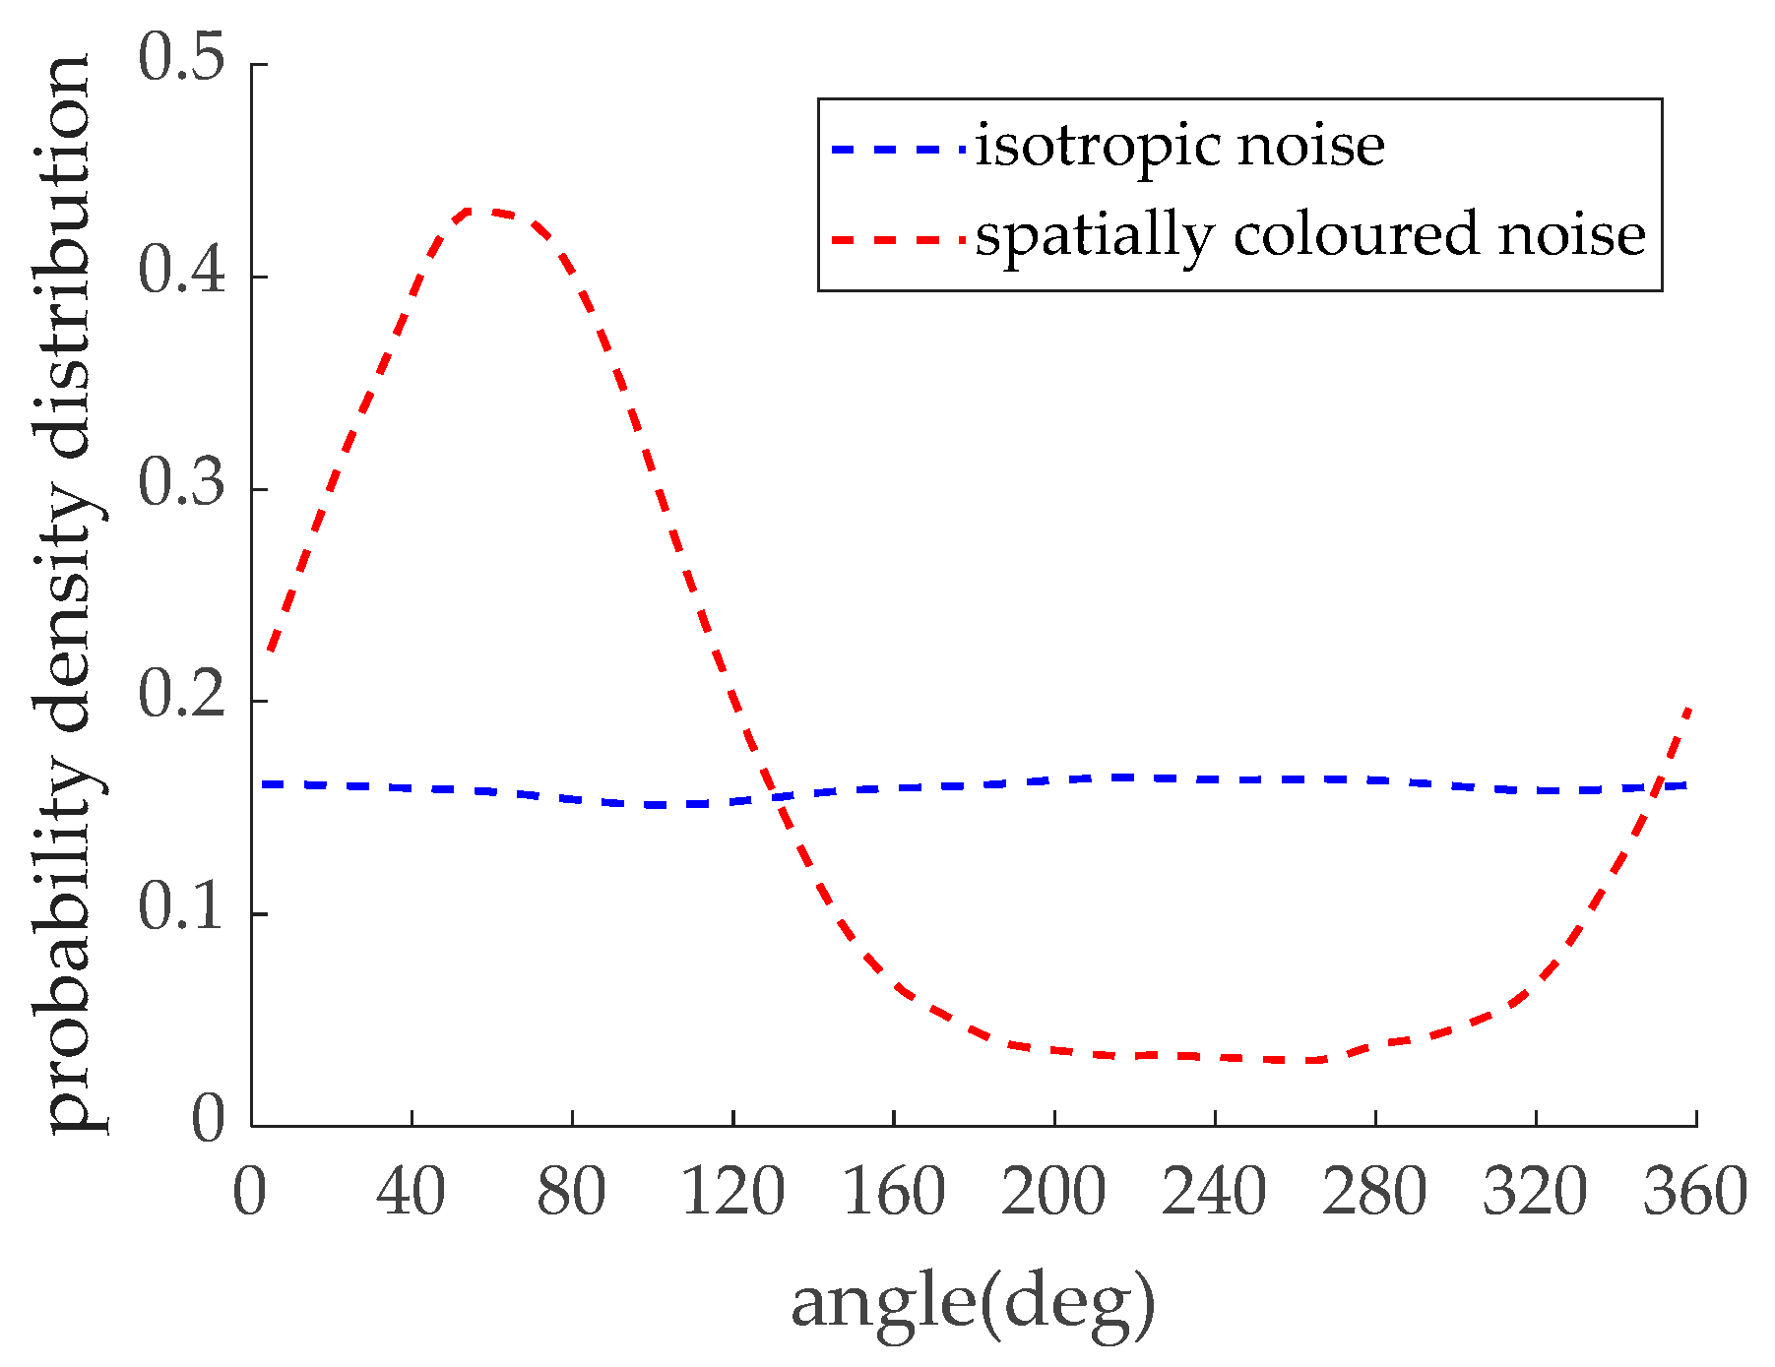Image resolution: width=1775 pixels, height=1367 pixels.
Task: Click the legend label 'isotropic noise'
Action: coord(1179,147)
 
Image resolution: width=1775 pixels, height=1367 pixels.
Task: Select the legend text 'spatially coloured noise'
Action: coord(1310,235)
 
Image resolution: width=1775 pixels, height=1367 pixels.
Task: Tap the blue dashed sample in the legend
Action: coord(898,150)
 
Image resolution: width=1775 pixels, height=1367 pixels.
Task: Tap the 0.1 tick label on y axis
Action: coord(182,907)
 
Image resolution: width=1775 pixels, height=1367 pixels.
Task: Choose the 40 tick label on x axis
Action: coord(411,1192)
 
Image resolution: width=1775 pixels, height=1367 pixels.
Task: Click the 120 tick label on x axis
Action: coord(732,1192)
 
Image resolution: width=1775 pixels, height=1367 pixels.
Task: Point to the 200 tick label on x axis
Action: coord(1053,1192)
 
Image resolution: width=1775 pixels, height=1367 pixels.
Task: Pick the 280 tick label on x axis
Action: coord(1374,1192)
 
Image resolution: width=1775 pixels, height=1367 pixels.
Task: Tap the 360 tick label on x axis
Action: coord(1695,1192)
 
